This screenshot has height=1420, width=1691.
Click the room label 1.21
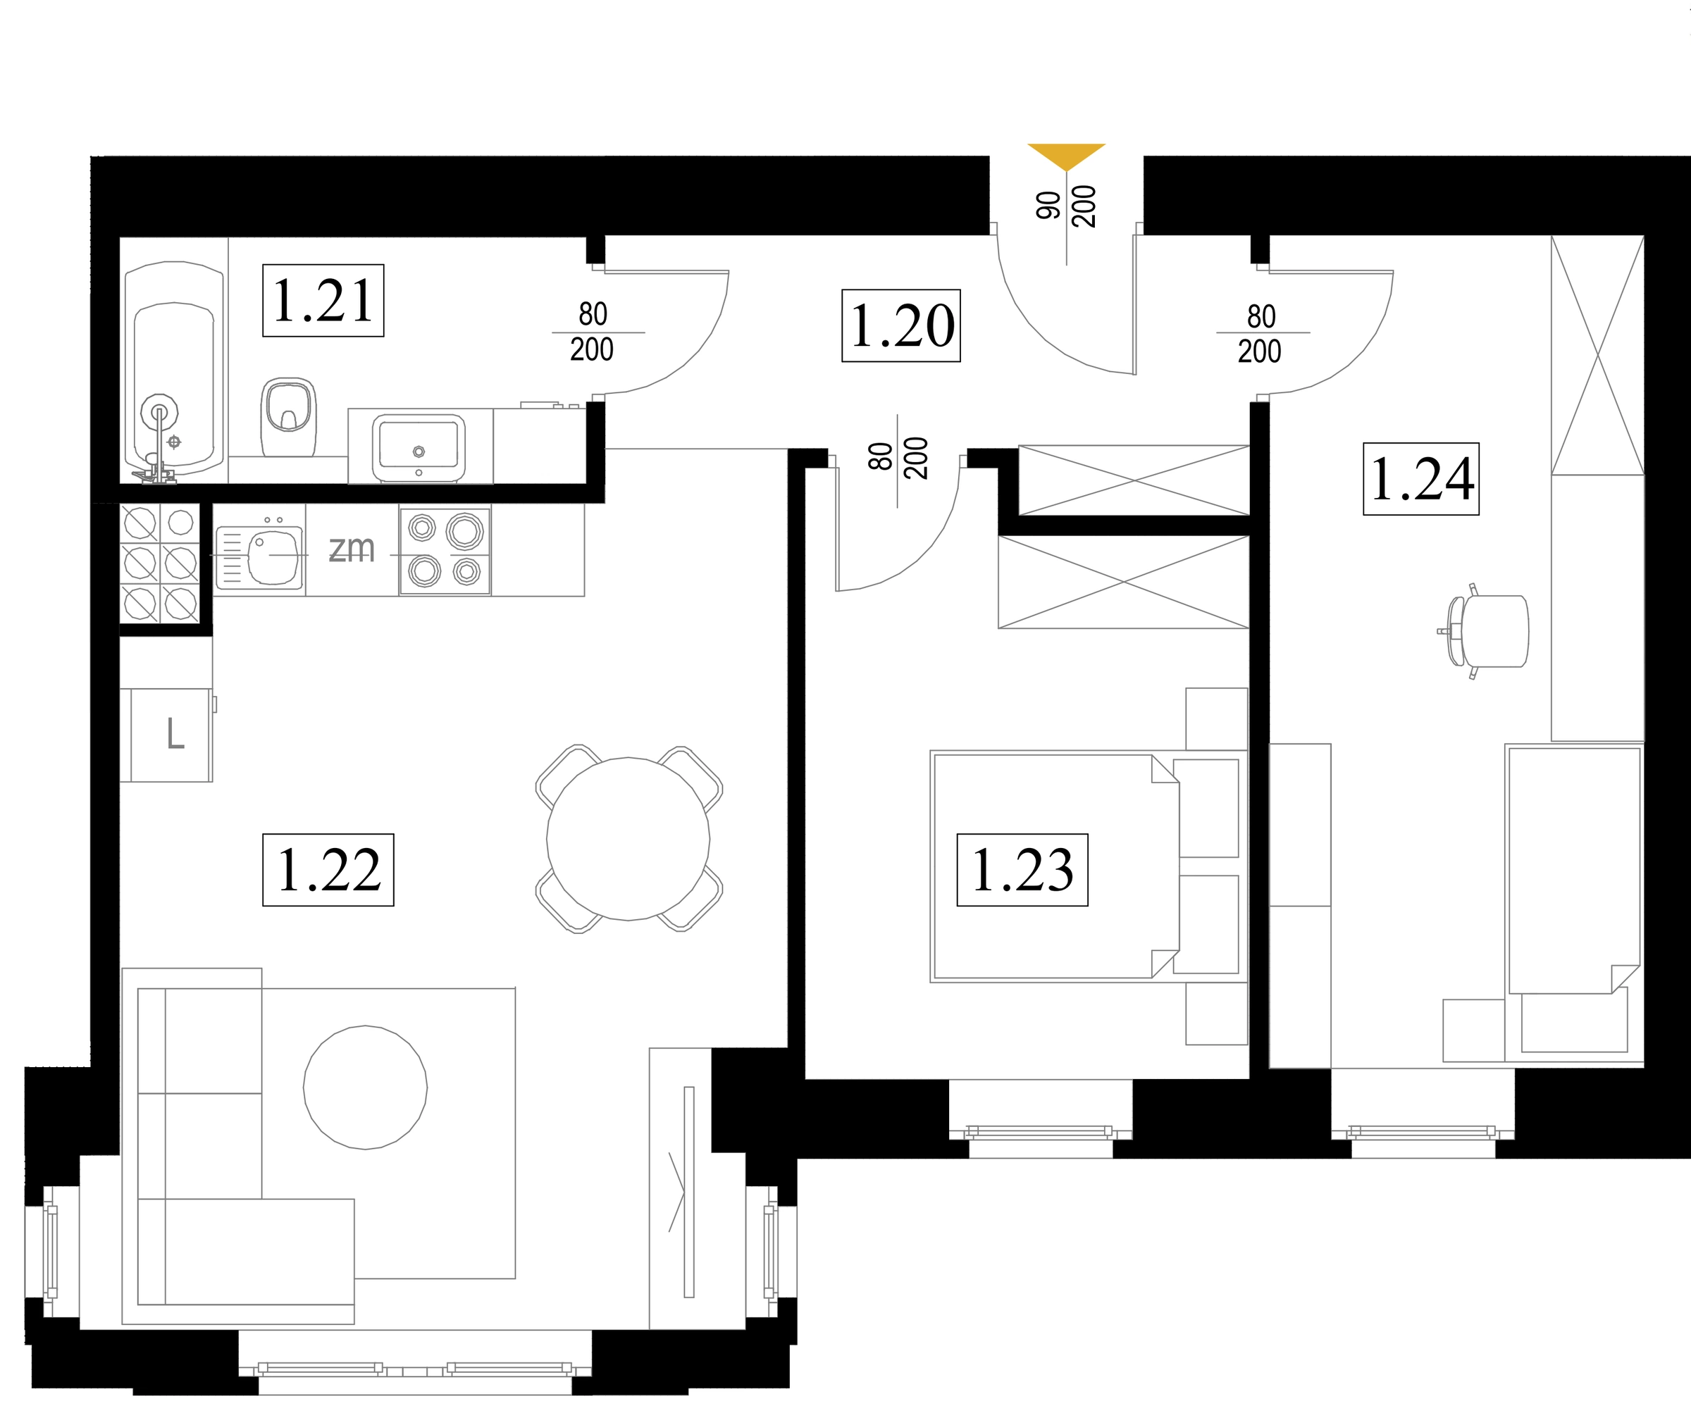(x=323, y=300)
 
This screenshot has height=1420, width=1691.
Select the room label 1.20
(x=901, y=325)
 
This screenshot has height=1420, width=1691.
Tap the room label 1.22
(x=328, y=870)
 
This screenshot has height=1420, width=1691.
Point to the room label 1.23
(x=1022, y=870)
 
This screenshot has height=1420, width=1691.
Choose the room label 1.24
(x=1421, y=479)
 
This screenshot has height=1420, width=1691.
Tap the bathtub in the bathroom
(x=174, y=372)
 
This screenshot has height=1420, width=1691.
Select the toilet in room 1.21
(x=288, y=416)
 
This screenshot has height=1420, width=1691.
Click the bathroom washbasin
(x=419, y=447)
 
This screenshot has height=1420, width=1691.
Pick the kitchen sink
(x=259, y=556)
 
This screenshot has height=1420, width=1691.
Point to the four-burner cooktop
(x=445, y=552)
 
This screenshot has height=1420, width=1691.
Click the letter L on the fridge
(x=175, y=733)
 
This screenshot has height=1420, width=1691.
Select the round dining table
(x=628, y=839)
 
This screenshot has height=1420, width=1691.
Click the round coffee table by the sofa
(x=366, y=1087)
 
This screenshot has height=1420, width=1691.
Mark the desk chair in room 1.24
(x=1483, y=631)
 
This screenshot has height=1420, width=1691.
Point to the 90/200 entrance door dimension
(x=1066, y=206)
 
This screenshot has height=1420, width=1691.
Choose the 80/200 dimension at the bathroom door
(x=593, y=332)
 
